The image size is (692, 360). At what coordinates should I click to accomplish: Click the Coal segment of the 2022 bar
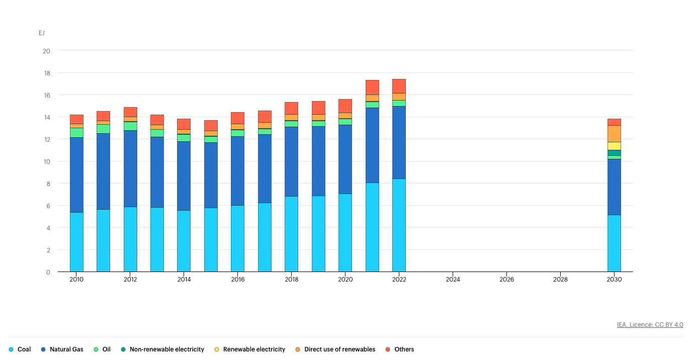[x=399, y=225]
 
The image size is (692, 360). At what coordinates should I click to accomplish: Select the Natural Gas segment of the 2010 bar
[x=76, y=175]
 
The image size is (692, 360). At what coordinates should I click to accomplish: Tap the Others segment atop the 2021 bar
[x=372, y=87]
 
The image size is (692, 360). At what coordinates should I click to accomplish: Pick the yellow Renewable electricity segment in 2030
[x=614, y=146]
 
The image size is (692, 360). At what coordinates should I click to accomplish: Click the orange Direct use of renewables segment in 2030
[x=614, y=134]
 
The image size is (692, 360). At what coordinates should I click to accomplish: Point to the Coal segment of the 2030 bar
[x=614, y=243]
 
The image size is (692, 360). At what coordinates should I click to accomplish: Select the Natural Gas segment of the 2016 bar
[x=237, y=171]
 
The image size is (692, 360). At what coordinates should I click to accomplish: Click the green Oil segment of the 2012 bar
[x=130, y=126]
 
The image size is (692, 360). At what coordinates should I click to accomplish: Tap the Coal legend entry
[x=20, y=349]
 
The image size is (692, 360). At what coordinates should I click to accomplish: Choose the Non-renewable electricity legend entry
[x=162, y=349]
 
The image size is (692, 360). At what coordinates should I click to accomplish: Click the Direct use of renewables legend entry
[x=335, y=349]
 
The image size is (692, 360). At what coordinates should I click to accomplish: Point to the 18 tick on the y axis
[x=46, y=73]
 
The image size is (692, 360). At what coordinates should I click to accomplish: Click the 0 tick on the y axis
[x=48, y=272]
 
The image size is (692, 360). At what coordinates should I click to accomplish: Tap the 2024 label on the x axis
[x=453, y=279]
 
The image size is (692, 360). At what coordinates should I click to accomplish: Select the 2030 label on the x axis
[x=614, y=279]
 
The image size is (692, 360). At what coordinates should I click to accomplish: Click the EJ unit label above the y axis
[x=42, y=33]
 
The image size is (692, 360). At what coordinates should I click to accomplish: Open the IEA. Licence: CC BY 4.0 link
[x=650, y=325]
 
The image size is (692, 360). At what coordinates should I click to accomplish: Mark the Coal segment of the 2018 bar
[x=291, y=234]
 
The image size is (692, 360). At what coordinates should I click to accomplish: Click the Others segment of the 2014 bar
[x=184, y=124]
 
